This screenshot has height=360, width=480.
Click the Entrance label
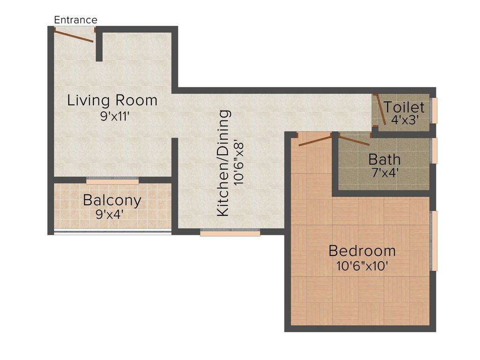pyautogui.click(x=75, y=20)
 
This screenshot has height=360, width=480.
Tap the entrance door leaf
pyautogui.click(x=74, y=36)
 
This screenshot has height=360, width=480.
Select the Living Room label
pyautogui.click(x=112, y=100)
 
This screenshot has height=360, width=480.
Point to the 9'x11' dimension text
pyautogui.click(x=114, y=116)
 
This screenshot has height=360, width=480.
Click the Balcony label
pyautogui.click(x=112, y=201)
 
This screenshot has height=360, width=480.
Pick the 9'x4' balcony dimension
pyautogui.click(x=109, y=214)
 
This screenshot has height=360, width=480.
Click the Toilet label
pyautogui.click(x=404, y=107)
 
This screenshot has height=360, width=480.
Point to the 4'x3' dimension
pyautogui.click(x=405, y=120)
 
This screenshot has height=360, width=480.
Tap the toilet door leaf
pyautogui.click(x=381, y=110)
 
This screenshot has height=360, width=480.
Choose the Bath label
pyautogui.click(x=384, y=159)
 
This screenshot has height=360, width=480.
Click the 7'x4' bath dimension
pyautogui.click(x=385, y=173)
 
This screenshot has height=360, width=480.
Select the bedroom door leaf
pyautogui.click(x=315, y=141)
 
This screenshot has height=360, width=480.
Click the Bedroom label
pyautogui.click(x=362, y=251)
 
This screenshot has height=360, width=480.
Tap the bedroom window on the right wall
pyautogui.click(x=435, y=240)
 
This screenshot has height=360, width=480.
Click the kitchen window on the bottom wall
pyautogui.click(x=230, y=233)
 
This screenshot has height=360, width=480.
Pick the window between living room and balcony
pyautogui.click(x=112, y=181)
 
